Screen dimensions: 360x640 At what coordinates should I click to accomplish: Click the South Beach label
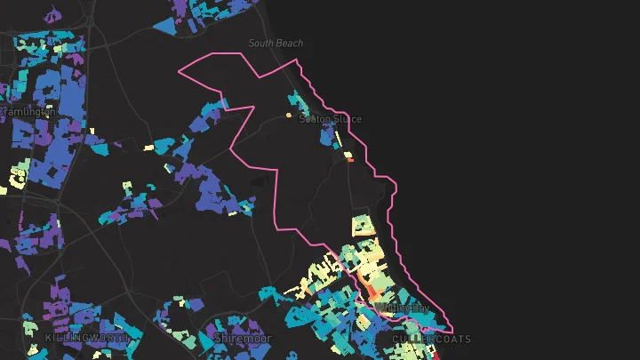[x=276, y=43]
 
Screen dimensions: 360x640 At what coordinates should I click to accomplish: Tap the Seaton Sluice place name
[x=330, y=119]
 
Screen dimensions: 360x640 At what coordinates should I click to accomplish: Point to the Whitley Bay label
[x=403, y=308]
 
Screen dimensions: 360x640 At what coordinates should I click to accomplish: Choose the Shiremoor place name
[x=243, y=339]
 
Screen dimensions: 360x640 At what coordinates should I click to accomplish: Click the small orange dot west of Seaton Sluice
[x=288, y=116]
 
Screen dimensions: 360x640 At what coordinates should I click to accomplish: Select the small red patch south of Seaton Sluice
[x=350, y=161]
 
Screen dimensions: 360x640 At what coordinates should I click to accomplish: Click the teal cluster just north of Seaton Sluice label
[x=295, y=100]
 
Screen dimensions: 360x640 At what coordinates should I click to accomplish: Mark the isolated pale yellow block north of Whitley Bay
[x=361, y=224]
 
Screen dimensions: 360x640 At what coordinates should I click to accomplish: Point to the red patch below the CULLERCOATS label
[x=438, y=354]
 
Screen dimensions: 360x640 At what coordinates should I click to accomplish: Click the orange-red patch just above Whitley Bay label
[x=376, y=292]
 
